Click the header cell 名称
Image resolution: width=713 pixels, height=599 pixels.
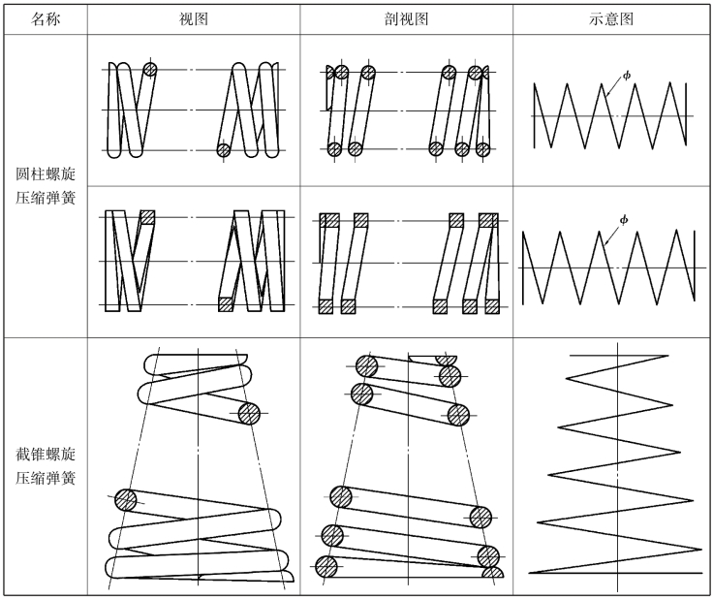45,19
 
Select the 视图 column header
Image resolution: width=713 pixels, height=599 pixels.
194,19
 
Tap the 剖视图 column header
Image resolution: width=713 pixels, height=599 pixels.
406,19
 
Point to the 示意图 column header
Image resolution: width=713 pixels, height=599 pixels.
610,19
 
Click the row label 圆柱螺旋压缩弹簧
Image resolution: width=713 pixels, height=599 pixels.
45,185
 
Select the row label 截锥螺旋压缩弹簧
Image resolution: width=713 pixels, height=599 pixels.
45,466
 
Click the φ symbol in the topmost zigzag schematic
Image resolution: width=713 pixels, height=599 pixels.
627,75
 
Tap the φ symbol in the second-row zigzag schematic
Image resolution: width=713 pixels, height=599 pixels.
624,220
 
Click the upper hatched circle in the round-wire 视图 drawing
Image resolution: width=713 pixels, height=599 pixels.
149,70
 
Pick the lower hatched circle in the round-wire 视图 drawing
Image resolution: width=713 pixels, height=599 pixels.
223,149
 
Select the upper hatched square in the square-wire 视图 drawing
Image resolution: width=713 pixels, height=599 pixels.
147,217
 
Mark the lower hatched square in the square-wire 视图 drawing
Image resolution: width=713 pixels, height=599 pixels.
226,304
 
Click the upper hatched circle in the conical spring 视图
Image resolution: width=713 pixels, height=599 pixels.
249,414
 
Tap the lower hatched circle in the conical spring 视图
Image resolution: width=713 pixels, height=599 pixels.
126,500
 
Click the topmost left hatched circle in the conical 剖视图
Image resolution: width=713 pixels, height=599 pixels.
366,366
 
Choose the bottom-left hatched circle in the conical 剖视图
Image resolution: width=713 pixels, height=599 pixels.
326,567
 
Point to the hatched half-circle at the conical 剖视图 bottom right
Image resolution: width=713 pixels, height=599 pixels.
492,573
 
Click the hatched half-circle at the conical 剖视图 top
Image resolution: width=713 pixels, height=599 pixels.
446,361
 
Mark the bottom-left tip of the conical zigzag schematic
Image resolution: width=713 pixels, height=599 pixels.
529,573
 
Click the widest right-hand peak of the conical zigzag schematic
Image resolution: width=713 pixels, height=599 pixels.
701,550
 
